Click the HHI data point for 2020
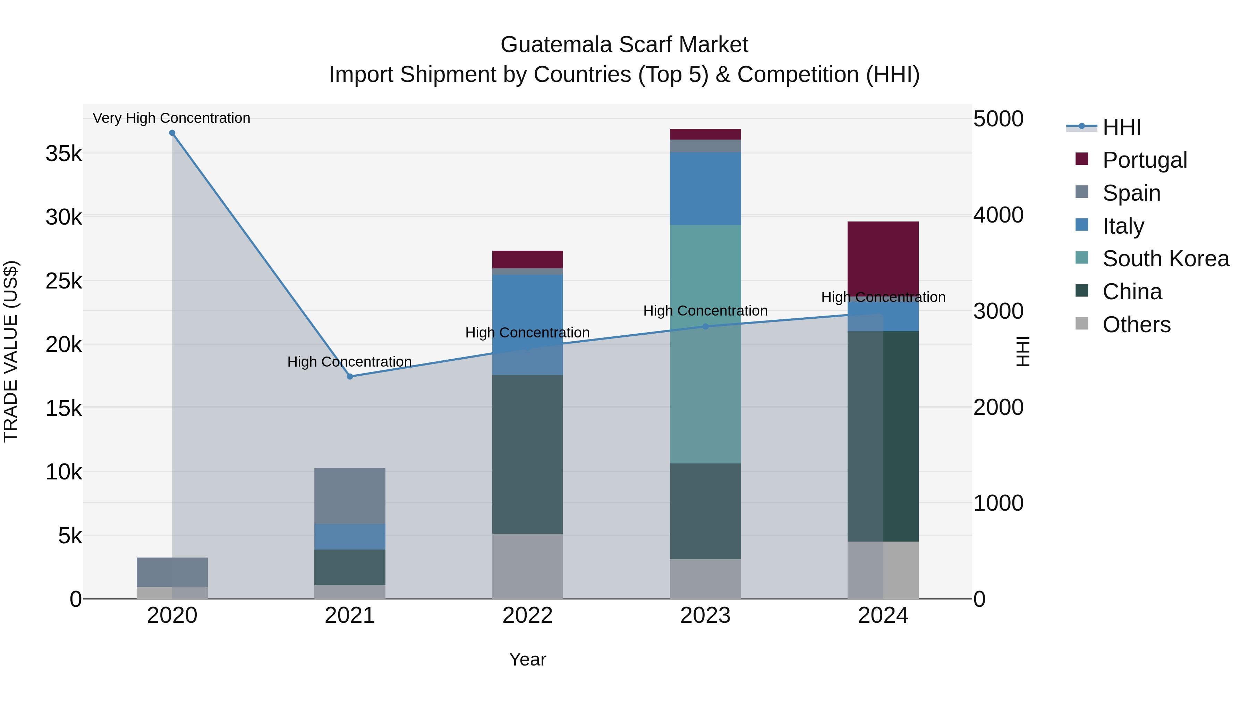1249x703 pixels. click(172, 133)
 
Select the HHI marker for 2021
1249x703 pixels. click(350, 376)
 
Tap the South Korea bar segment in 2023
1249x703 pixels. click(705, 344)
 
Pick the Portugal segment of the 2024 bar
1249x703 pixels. click(883, 257)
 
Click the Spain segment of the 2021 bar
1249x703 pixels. click(350, 496)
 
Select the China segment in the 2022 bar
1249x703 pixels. click(527, 454)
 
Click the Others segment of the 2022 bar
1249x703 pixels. click(527, 566)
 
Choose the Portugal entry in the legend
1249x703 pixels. click(1144, 160)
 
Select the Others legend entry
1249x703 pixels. click(1136, 325)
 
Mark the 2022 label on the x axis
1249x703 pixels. click(527, 616)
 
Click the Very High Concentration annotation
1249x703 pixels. click(172, 118)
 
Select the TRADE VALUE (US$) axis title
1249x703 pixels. click(11, 351)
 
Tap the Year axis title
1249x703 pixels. click(527, 659)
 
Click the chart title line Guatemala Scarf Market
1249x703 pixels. click(624, 45)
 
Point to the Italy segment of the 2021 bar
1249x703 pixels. click(350, 537)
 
